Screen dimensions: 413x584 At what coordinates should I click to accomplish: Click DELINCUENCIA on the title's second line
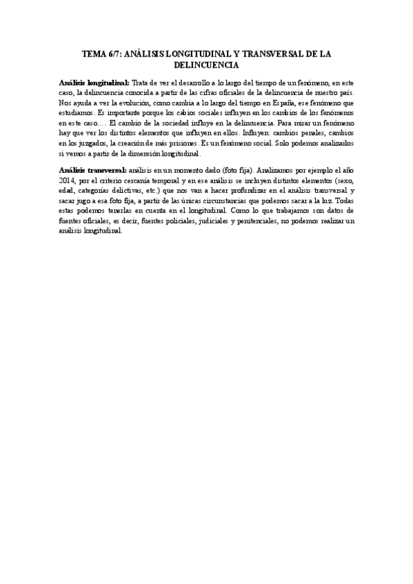[x=206, y=65]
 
